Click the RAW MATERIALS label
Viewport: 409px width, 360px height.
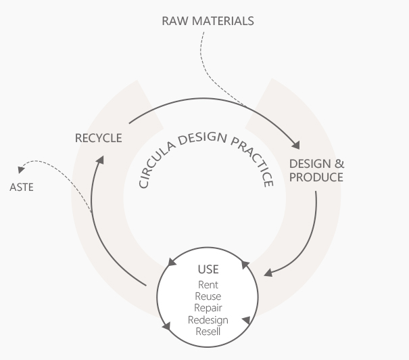pyautogui.click(x=208, y=21)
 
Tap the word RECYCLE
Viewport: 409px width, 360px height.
pyautogui.click(x=99, y=138)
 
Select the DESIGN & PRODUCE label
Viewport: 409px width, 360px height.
pyautogui.click(x=316, y=171)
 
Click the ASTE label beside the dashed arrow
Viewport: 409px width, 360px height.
pyautogui.click(x=21, y=187)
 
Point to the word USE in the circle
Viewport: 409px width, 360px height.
pyautogui.click(x=208, y=270)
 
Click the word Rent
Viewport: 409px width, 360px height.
pyautogui.click(x=208, y=285)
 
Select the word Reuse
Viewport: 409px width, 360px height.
pyautogui.click(x=208, y=296)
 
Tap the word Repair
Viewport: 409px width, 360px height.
pyautogui.click(x=208, y=308)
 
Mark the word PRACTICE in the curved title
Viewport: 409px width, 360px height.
pyautogui.click(x=251, y=160)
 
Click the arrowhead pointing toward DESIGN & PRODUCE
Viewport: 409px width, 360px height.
pyautogui.click(x=295, y=144)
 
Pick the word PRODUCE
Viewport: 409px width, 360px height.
pyautogui.click(x=316, y=177)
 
